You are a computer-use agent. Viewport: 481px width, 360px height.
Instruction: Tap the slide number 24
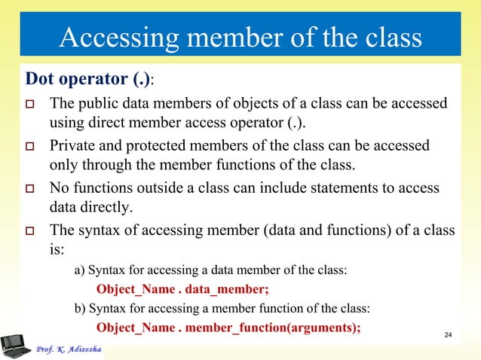pyautogui.click(x=449, y=334)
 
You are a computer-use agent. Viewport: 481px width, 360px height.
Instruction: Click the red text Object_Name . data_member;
pyautogui.click(x=182, y=288)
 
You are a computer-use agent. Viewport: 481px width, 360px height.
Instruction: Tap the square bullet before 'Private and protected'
pyautogui.click(x=32, y=145)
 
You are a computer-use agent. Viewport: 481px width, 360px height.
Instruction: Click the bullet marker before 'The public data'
pyautogui.click(x=32, y=103)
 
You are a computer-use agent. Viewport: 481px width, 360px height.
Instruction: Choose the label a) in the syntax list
pyautogui.click(x=79, y=269)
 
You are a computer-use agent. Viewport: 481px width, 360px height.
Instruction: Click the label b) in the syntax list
pyautogui.click(x=79, y=308)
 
